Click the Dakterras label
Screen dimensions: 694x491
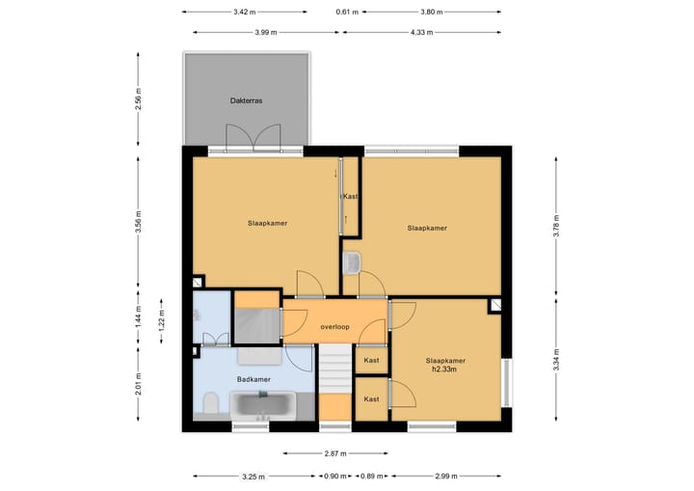(246, 100)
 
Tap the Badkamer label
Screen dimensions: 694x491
(254, 379)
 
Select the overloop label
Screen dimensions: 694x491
(335, 327)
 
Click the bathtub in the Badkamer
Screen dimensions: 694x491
(263, 405)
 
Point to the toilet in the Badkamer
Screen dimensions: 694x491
(211, 403)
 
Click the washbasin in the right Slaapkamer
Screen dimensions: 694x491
(352, 262)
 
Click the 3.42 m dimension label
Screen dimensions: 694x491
(245, 12)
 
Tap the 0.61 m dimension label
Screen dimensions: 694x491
(347, 12)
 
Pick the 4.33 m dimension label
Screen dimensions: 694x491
(422, 33)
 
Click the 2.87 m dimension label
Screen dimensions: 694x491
(335, 453)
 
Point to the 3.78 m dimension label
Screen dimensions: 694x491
(556, 226)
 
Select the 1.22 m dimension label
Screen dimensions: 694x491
(162, 320)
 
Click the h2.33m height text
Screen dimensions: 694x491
(444, 368)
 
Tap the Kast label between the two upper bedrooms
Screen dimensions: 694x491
(351, 196)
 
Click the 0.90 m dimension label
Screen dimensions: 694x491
(335, 477)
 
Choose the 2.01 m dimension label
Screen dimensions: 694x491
(139, 384)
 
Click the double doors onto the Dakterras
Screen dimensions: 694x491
(254, 138)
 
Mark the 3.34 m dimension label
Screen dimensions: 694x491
(556, 360)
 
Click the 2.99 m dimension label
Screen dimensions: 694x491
(446, 477)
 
